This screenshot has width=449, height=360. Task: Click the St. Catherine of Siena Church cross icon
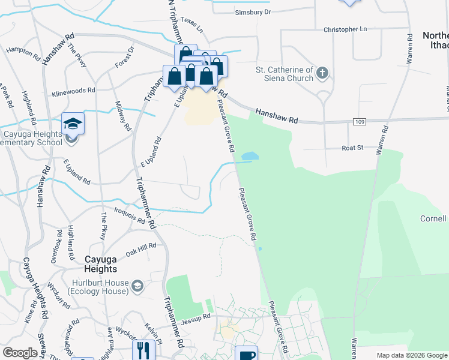pyautogui.click(x=322, y=74)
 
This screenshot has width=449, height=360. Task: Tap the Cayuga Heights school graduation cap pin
pyautogui.click(x=73, y=124)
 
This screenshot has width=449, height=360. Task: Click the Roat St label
pyautogui.click(x=352, y=147)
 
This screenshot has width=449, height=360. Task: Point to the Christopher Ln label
pyautogui.click(x=345, y=29)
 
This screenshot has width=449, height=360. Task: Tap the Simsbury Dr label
pyautogui.click(x=253, y=12)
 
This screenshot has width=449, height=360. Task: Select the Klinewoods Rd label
pyautogui.click(x=74, y=91)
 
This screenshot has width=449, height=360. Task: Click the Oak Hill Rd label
pyautogui.click(x=141, y=247)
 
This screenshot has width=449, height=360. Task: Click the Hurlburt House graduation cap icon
pyautogui.click(x=138, y=285)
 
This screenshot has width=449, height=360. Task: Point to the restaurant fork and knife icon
pyautogui.click(x=143, y=349)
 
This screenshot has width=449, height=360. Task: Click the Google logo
pyautogui.click(x=20, y=353)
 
